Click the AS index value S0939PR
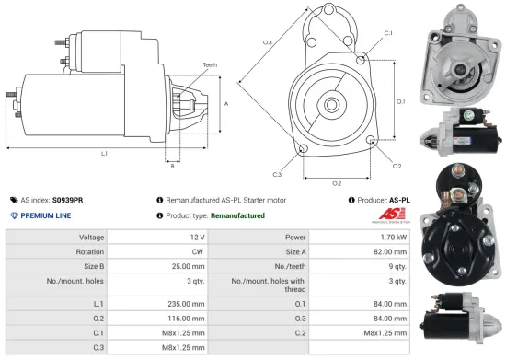[68, 199]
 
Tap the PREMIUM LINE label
[46, 215]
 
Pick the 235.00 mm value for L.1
[184, 303]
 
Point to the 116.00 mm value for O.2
[184, 319]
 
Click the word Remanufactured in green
[237, 215]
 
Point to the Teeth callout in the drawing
[211, 65]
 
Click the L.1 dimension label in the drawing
[104, 153]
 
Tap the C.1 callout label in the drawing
[387, 33]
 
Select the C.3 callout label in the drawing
[277, 173]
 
